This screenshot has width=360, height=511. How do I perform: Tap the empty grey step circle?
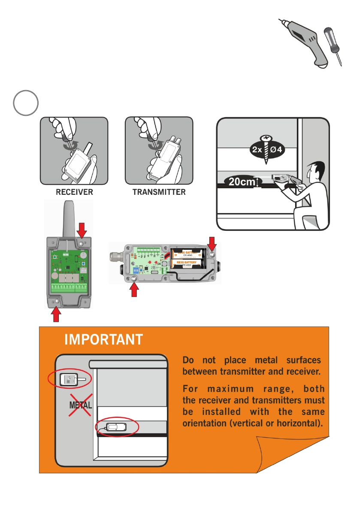[x=25, y=103]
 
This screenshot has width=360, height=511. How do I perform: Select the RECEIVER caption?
[x=74, y=192]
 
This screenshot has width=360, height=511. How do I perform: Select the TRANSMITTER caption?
[x=159, y=192]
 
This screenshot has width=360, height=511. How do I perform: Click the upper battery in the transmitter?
[x=187, y=254]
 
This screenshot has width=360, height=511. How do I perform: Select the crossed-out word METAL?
[x=81, y=405]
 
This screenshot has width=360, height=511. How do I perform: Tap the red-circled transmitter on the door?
[x=117, y=427]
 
